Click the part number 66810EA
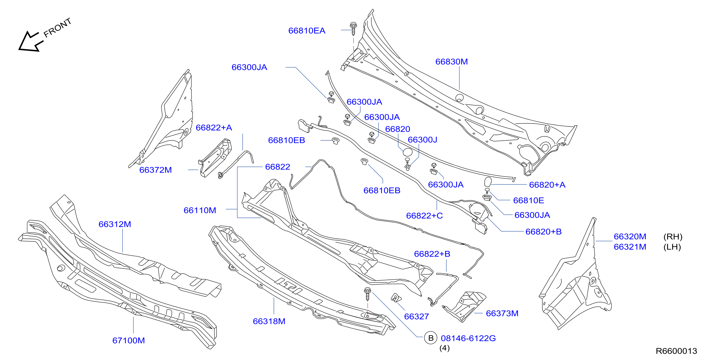307,30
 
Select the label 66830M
451,61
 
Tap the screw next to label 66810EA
353,29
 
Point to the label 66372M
155,170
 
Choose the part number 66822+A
214,128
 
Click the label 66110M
200,210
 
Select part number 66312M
115,224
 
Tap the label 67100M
129,340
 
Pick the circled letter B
431,338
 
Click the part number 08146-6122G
468,338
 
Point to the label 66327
417,316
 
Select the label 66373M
502,313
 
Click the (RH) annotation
673,237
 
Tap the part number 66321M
630,247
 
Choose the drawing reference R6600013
676,351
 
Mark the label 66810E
528,200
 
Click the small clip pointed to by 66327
396,298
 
